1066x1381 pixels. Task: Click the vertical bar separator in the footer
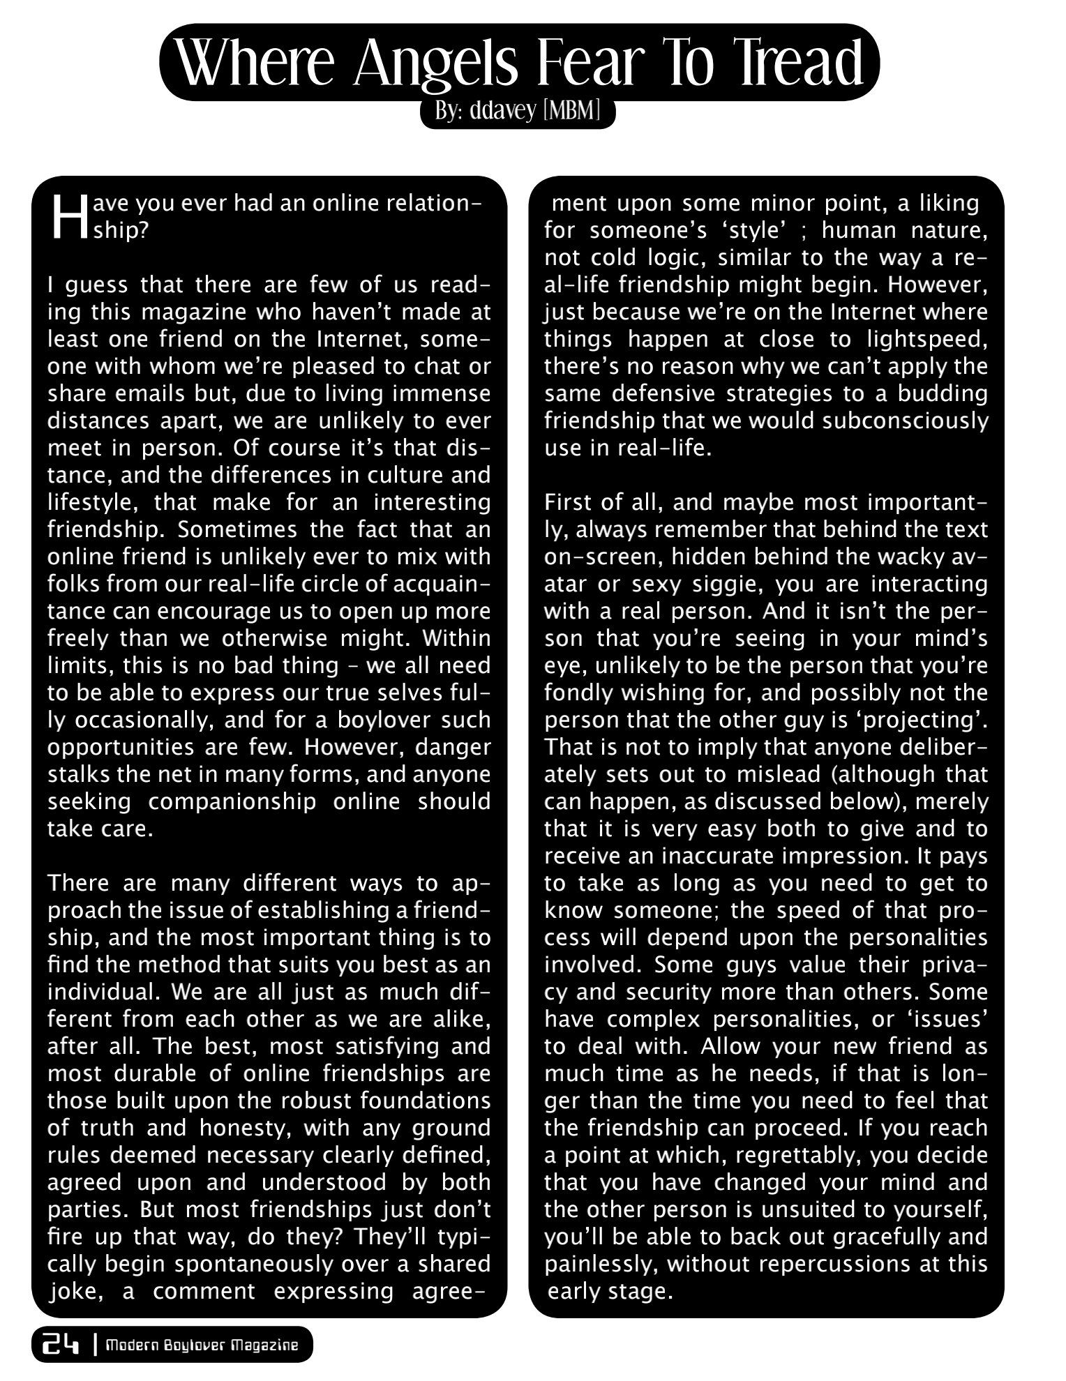94,1345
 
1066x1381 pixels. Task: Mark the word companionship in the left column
232,801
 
